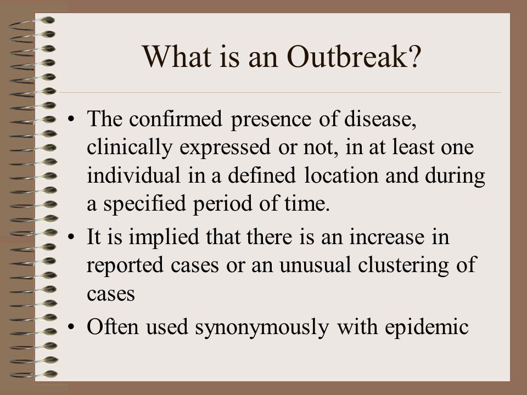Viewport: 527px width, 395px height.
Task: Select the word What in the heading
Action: [177, 57]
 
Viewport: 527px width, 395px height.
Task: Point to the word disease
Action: [380, 119]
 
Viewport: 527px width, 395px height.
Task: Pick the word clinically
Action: [130, 148]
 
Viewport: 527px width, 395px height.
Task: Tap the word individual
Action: [133, 176]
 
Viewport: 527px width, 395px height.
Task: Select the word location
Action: [341, 176]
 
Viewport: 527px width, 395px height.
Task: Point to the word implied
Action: [164, 238]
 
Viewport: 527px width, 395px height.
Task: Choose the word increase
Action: [387, 237]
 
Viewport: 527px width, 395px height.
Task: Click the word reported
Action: [125, 266]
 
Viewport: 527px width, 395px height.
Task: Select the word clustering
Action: [403, 266]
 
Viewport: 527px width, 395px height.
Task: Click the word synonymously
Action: [262, 327]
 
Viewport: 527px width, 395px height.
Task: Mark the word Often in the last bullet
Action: [113, 326]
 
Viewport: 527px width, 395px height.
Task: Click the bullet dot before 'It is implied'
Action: [71, 237]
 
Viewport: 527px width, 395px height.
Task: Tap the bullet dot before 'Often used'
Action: [71, 327]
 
